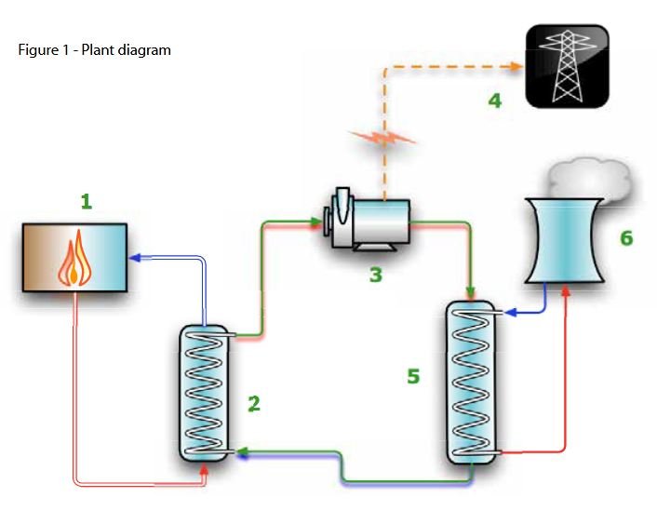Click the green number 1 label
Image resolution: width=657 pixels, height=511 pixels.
coord(87,201)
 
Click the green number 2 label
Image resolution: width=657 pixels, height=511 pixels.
coord(253,403)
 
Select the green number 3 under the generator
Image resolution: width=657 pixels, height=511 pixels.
coord(375,276)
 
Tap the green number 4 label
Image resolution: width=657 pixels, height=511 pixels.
coord(495,100)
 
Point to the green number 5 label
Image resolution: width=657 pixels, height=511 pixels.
coord(413,376)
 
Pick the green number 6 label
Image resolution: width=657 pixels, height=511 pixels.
coord(626,238)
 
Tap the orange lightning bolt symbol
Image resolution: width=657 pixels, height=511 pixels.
coord(382,144)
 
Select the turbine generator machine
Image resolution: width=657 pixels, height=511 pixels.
coord(366,224)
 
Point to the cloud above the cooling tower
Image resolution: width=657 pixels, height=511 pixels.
coord(587,178)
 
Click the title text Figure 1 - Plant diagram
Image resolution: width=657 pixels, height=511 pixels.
coord(94,50)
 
